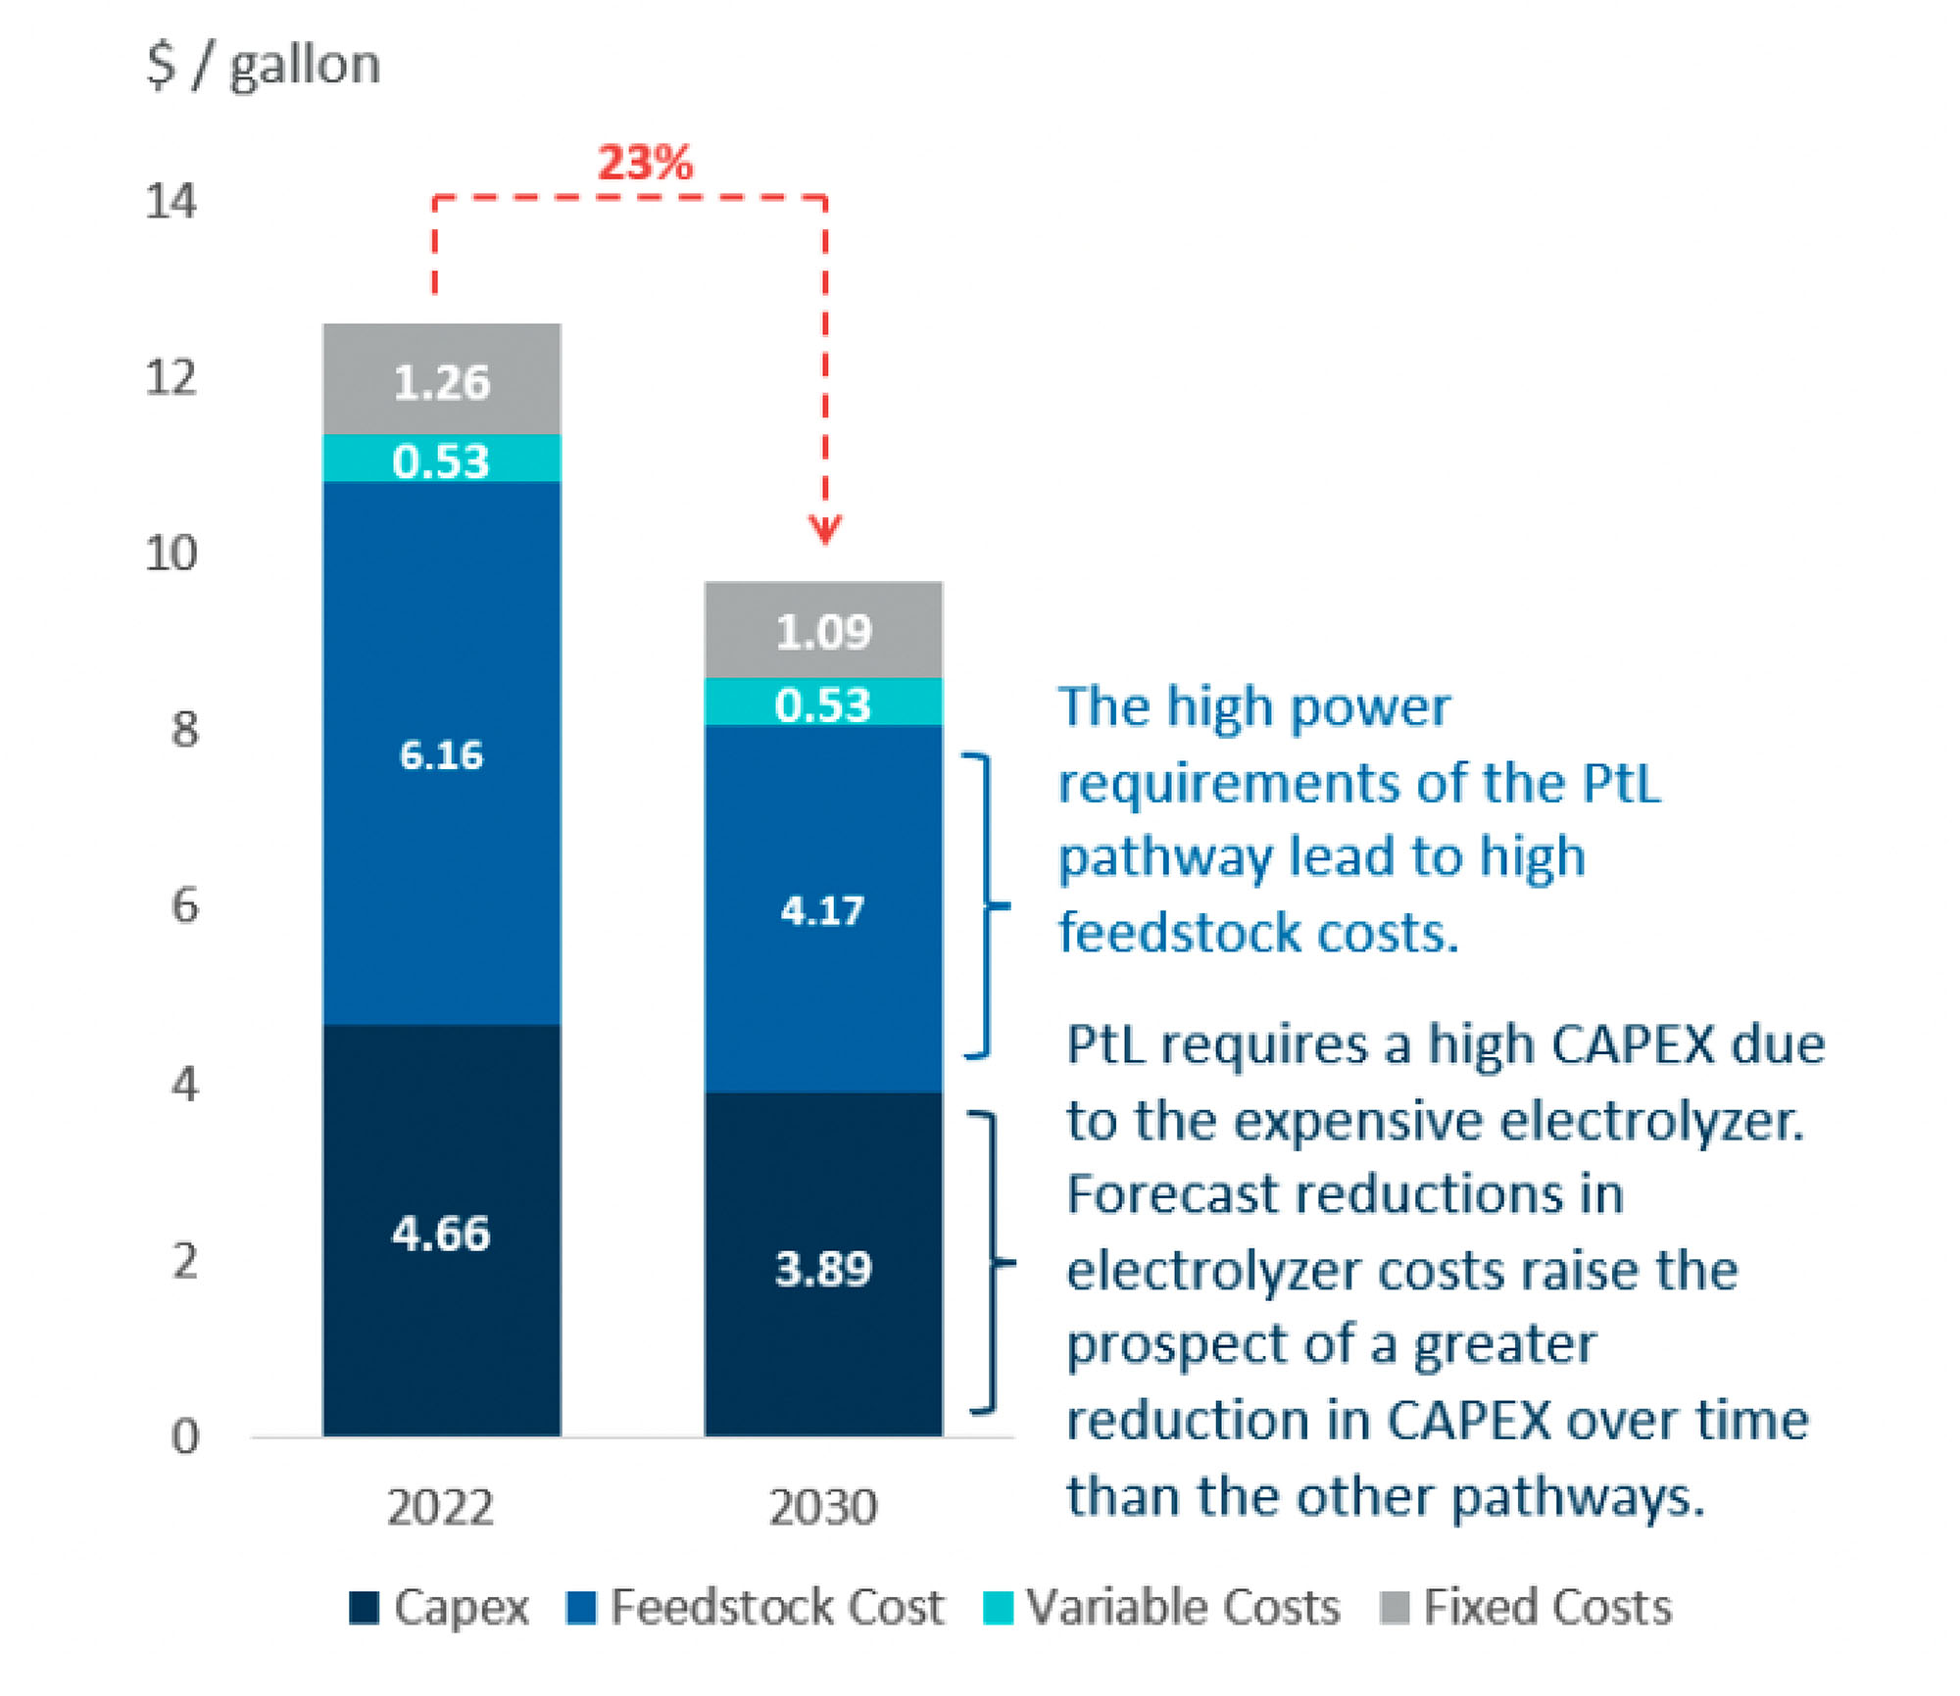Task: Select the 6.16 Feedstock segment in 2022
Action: pyautogui.click(x=441, y=753)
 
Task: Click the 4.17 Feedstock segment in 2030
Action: pyautogui.click(x=823, y=909)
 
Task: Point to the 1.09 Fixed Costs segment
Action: pyautogui.click(x=823, y=630)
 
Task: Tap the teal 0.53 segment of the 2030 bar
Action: pyautogui.click(x=823, y=703)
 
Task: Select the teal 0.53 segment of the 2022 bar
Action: pyautogui.click(x=441, y=459)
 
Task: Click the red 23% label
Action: pyautogui.click(x=645, y=162)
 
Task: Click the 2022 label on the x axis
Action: pyautogui.click(x=440, y=1506)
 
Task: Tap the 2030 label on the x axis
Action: pyautogui.click(x=823, y=1506)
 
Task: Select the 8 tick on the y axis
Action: pyautogui.click(x=184, y=729)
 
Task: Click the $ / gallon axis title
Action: pyautogui.click(x=264, y=65)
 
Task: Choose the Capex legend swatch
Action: pyautogui.click(x=364, y=1607)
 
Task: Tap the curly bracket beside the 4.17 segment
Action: pyautogui.click(x=988, y=905)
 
